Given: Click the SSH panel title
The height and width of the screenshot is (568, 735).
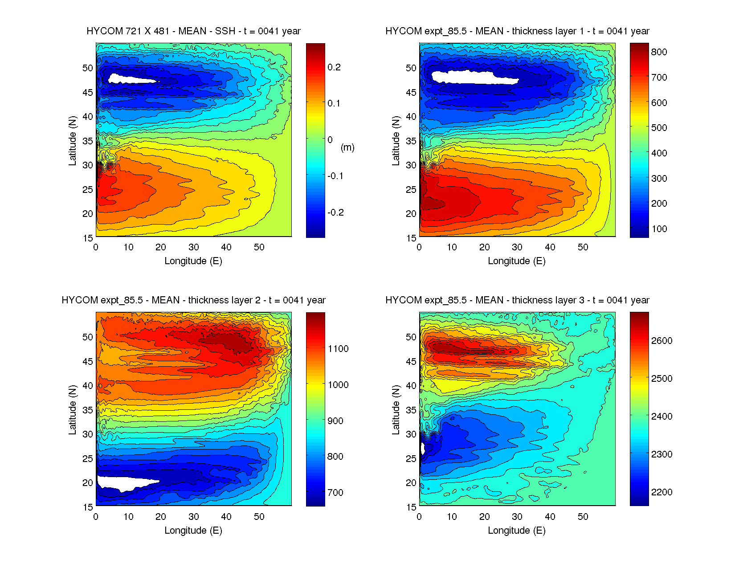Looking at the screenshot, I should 193,31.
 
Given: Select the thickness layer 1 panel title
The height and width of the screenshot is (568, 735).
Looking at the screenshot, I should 517,31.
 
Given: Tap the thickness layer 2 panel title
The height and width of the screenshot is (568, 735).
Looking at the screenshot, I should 193,300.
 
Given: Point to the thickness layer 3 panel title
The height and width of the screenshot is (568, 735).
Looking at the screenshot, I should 517,300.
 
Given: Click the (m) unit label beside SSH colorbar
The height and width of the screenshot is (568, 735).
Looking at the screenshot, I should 347,147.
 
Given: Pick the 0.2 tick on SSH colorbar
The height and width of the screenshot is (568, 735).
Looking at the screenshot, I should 334,67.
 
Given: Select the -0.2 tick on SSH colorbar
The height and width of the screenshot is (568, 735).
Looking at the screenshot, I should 335,212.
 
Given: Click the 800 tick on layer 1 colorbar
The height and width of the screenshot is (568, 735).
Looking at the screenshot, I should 659,52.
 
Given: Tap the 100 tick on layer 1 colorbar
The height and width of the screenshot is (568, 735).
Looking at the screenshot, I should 659,229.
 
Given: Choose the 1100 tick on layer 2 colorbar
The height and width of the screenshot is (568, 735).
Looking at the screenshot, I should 338,349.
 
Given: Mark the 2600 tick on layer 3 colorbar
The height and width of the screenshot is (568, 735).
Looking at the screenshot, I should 661,341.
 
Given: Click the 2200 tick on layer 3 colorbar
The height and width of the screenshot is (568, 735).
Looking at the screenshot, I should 661,492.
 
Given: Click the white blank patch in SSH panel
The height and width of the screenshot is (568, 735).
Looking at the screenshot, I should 129,79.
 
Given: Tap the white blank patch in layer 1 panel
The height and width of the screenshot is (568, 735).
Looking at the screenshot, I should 472,77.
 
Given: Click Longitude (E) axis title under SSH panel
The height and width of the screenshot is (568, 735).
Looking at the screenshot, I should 193,261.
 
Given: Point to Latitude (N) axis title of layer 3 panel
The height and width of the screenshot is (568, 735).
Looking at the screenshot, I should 396,410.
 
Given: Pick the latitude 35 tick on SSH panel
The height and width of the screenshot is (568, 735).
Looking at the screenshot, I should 88,141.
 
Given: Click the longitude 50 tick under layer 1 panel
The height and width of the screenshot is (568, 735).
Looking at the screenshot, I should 583,248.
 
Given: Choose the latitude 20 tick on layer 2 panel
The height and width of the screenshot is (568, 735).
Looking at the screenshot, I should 88,483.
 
